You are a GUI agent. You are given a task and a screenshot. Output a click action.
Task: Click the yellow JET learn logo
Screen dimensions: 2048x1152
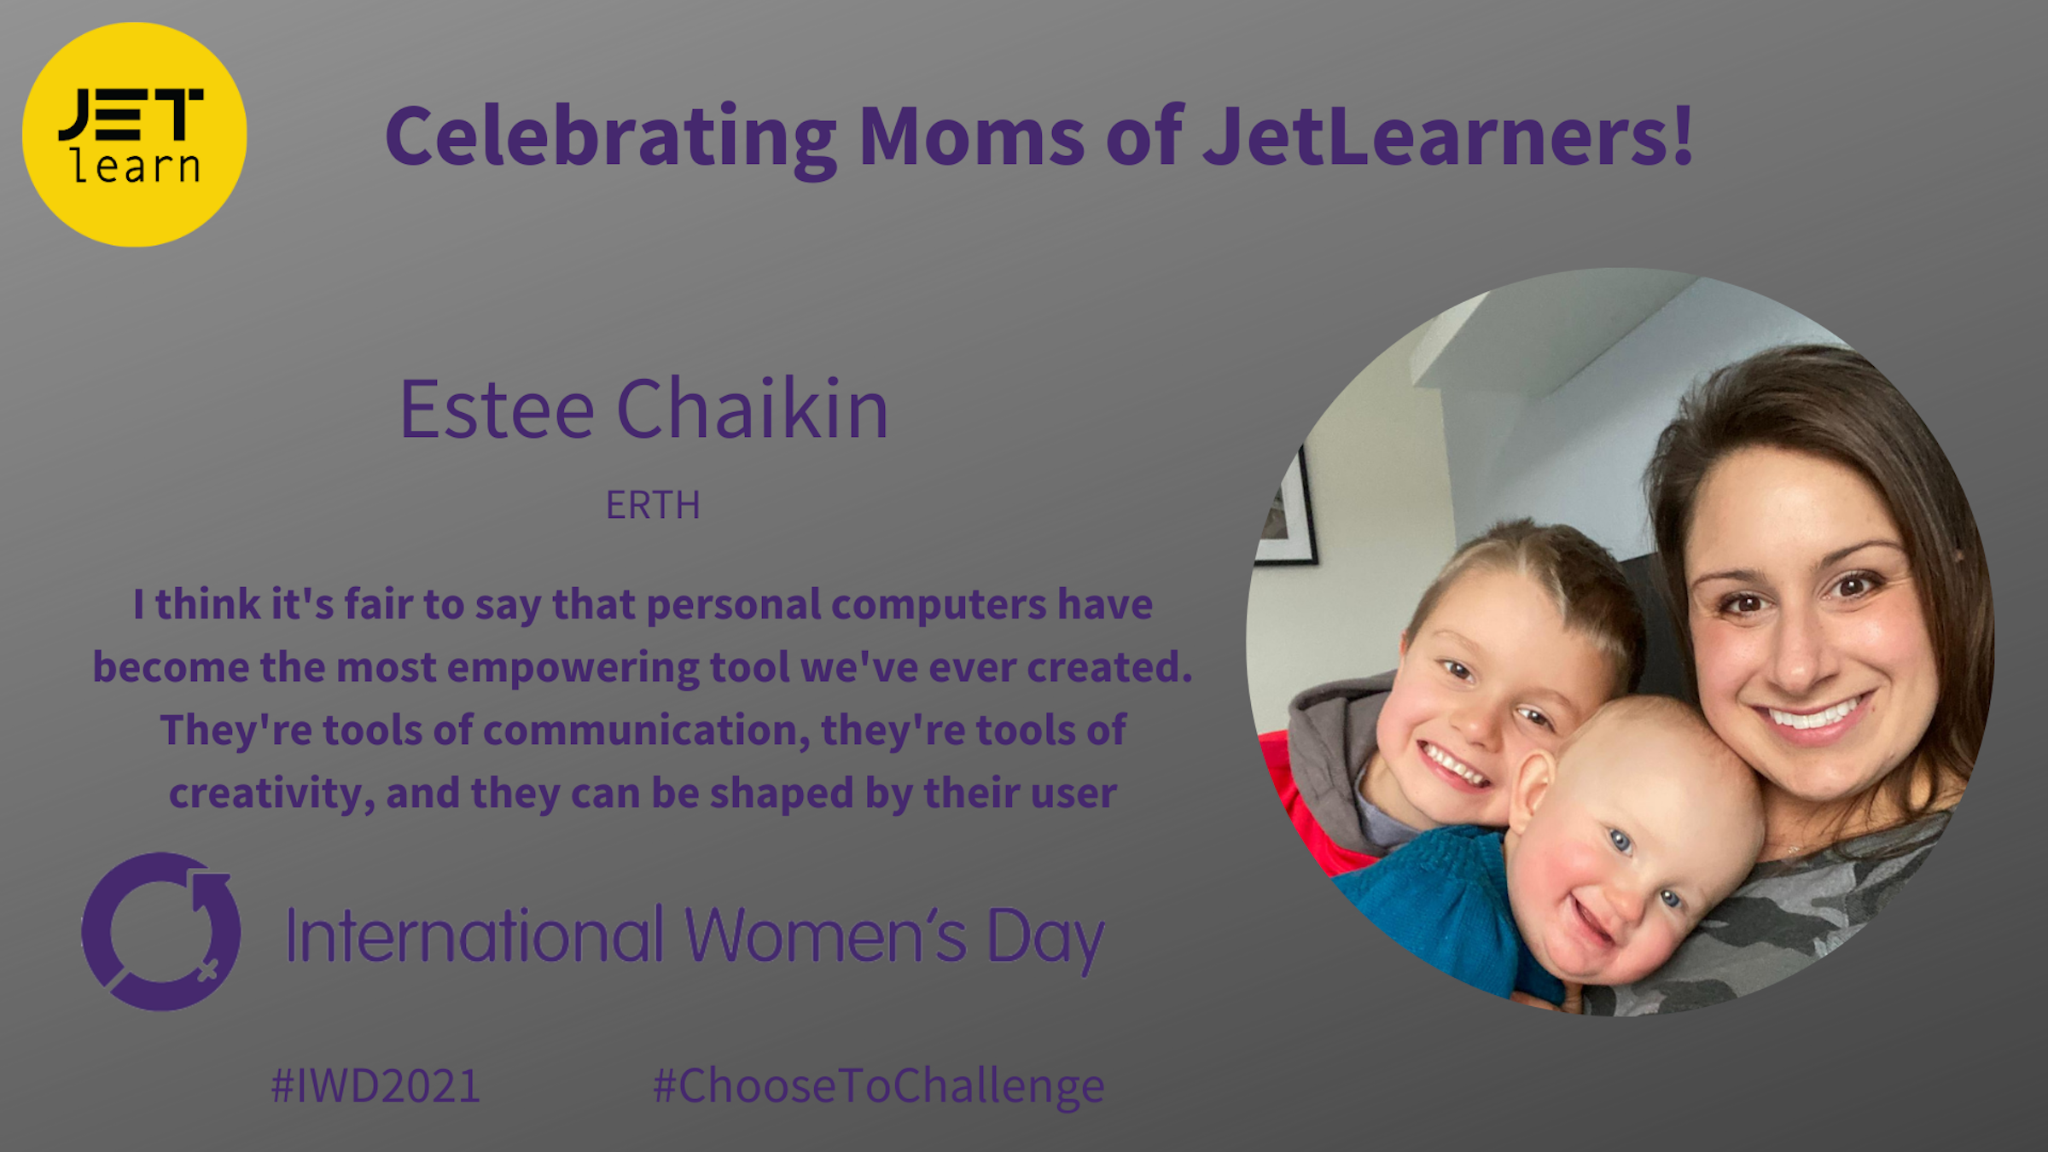[134, 134]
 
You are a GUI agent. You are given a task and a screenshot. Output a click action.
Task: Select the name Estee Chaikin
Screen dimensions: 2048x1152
[644, 409]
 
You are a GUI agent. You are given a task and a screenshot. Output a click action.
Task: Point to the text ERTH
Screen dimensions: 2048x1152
[653, 505]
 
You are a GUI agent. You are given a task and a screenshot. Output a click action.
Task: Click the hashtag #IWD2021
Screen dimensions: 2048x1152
[375, 1086]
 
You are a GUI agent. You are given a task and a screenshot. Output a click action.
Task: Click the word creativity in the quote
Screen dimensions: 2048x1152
[272, 794]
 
